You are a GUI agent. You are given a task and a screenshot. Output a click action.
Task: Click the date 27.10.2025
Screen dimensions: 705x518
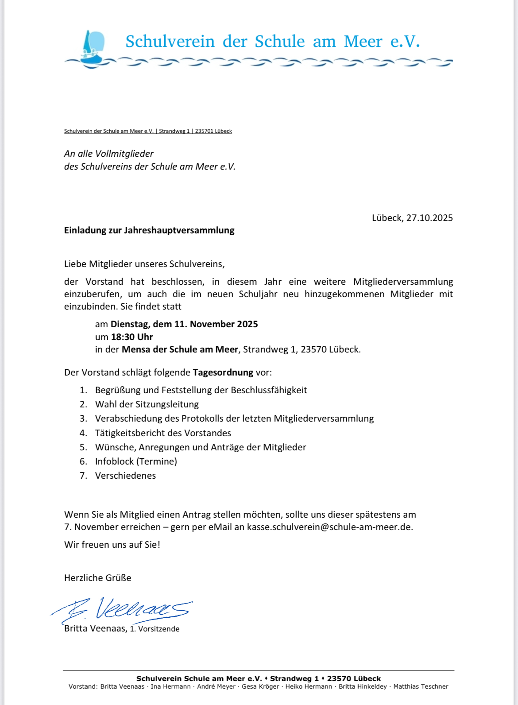[x=429, y=218]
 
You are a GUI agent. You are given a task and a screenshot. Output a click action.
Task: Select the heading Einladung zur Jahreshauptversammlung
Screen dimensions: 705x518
[x=149, y=230]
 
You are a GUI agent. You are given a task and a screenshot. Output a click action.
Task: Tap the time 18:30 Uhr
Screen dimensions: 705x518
[x=132, y=337]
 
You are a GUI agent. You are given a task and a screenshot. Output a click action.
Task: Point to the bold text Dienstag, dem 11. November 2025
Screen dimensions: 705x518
[x=184, y=324]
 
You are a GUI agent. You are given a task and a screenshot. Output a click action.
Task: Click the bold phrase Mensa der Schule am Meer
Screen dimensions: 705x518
[x=180, y=349]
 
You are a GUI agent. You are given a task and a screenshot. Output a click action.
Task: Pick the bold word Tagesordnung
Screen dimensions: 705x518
[x=223, y=372]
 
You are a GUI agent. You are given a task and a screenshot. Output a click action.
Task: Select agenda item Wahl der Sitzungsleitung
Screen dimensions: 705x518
[x=147, y=404]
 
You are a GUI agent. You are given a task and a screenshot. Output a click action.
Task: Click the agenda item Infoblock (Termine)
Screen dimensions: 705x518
[x=136, y=461]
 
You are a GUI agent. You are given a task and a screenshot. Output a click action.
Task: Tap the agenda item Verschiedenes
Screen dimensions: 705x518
[x=125, y=476]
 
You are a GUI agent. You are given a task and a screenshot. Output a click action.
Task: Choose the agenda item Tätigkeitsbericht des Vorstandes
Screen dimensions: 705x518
[x=163, y=433]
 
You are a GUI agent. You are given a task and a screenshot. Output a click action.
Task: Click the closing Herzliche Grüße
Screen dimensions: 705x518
[x=97, y=578]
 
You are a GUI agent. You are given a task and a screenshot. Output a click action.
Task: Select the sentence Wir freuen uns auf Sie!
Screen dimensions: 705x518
[x=112, y=545]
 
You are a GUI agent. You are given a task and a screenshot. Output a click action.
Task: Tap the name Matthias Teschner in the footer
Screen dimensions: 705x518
[x=421, y=687]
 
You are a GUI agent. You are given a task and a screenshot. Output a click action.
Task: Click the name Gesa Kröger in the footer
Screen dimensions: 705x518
[x=260, y=687]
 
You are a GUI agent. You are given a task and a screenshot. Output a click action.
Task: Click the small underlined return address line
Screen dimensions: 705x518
[x=148, y=131]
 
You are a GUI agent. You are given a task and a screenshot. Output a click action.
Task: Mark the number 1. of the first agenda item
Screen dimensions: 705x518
[x=83, y=390]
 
